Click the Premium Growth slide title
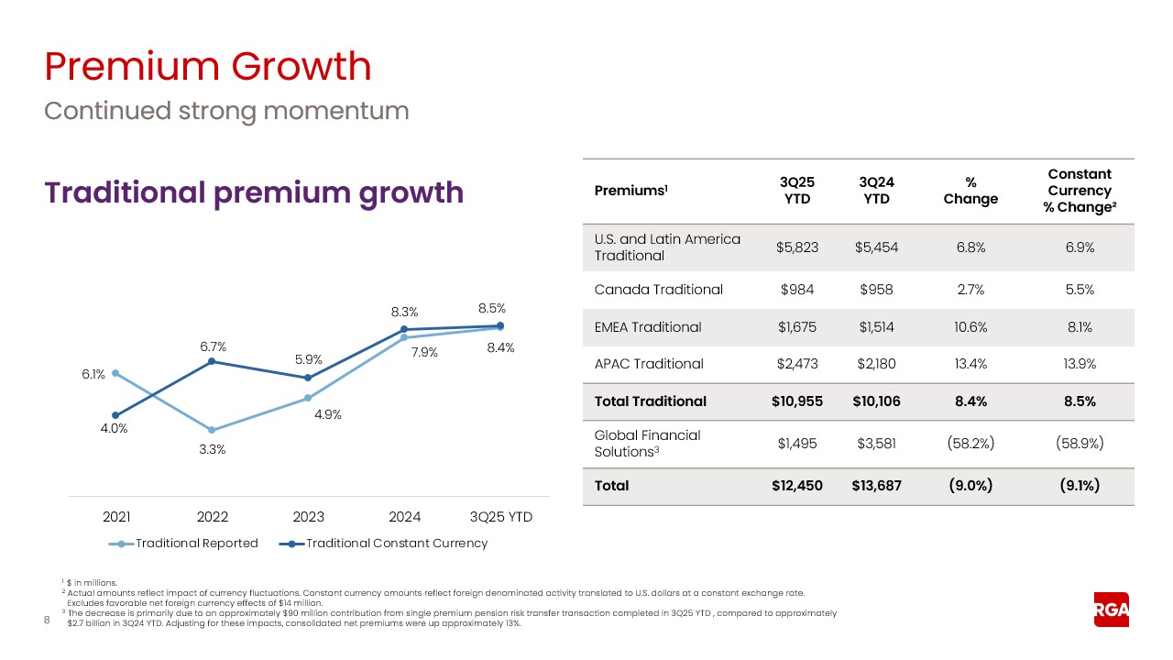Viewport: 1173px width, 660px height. click(x=208, y=67)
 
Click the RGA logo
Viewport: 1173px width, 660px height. click(x=1111, y=610)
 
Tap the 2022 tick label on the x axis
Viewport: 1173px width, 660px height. click(x=213, y=517)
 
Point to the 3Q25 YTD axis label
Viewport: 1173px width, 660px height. click(x=500, y=517)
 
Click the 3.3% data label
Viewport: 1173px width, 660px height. click(x=213, y=449)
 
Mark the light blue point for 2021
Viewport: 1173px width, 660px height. click(x=115, y=373)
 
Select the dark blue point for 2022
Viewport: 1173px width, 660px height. click(x=213, y=361)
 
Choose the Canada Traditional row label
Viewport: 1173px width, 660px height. click(x=659, y=290)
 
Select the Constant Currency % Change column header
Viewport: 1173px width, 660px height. click(x=1079, y=190)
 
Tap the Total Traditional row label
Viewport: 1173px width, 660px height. click(x=651, y=401)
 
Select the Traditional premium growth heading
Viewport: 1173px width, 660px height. click(x=254, y=192)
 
